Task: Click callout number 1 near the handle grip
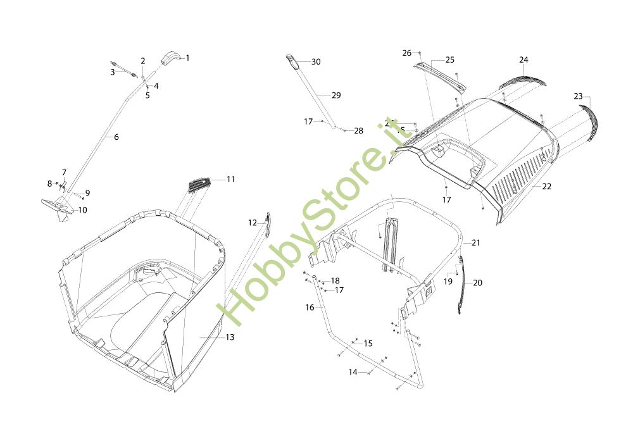click(187, 58)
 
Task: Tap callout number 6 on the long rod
click(116, 137)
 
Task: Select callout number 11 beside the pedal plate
click(230, 180)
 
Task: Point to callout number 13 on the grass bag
click(230, 337)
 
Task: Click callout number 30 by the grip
click(316, 61)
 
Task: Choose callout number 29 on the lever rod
click(336, 96)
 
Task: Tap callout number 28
click(358, 131)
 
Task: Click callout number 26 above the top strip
click(406, 53)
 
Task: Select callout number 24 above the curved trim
click(523, 59)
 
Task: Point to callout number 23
click(578, 96)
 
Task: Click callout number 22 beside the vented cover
click(547, 186)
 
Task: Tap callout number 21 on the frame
click(476, 243)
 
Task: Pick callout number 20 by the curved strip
click(477, 283)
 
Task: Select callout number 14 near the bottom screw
click(353, 372)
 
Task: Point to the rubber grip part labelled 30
click(291, 61)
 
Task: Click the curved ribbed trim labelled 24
click(522, 80)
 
